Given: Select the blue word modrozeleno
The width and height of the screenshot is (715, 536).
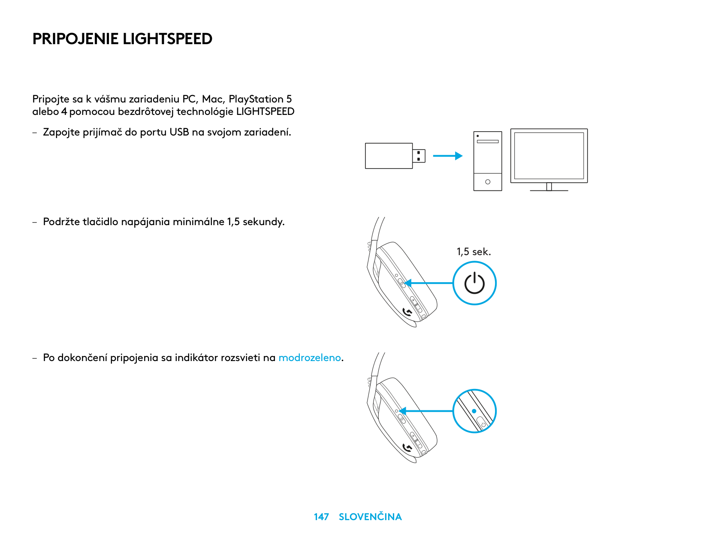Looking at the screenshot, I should pyautogui.click(x=310, y=358).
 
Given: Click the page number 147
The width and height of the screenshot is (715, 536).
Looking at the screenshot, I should pyautogui.click(x=321, y=517).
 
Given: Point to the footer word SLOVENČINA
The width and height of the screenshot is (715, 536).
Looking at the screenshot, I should pyautogui.click(x=370, y=517).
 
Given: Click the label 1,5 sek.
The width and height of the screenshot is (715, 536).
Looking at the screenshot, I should pyautogui.click(x=474, y=252).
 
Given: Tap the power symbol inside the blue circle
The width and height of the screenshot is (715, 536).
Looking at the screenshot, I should pyautogui.click(x=474, y=283).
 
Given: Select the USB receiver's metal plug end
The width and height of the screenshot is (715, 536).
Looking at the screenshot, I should pyautogui.click(x=419, y=156).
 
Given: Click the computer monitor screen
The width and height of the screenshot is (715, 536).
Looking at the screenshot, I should pyautogui.click(x=549, y=156).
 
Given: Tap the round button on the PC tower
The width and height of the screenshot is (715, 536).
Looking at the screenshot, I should pyautogui.click(x=488, y=182).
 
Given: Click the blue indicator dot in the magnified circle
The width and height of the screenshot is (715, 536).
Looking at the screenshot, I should pyautogui.click(x=474, y=411).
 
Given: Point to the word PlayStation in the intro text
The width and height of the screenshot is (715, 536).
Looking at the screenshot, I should pyautogui.click(x=256, y=99).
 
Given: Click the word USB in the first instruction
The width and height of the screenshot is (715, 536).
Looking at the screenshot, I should pyautogui.click(x=179, y=132).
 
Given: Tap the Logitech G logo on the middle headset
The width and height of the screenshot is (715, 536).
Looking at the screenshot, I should pyautogui.click(x=407, y=313).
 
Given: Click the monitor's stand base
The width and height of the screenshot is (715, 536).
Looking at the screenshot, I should pyautogui.click(x=549, y=190).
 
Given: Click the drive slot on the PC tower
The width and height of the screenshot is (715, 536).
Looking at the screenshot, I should pyautogui.click(x=488, y=141).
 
